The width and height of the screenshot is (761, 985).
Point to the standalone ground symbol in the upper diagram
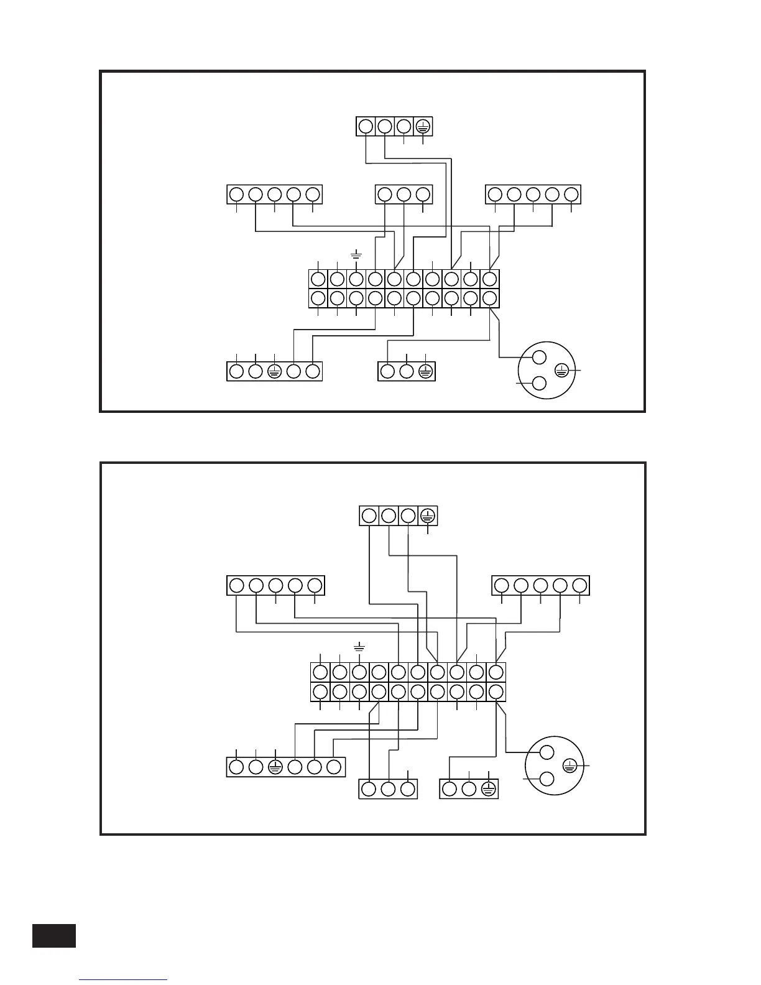[x=356, y=254]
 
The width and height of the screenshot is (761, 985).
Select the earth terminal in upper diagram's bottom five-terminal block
[x=275, y=372]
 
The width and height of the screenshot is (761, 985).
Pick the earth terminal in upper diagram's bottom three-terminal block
[x=425, y=372]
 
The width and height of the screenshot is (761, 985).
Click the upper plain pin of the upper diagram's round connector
[x=539, y=357]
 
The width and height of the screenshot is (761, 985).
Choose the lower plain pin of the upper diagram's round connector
[x=539, y=383]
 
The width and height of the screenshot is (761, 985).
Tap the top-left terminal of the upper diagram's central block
[x=318, y=279]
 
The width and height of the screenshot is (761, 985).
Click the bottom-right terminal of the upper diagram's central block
[x=491, y=298]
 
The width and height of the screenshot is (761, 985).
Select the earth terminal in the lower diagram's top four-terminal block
[x=428, y=516]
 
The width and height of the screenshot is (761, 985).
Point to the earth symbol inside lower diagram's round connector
[x=570, y=765]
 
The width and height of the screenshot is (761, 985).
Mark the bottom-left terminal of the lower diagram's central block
[x=320, y=691]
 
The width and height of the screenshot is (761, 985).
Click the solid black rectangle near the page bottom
[x=54, y=936]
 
